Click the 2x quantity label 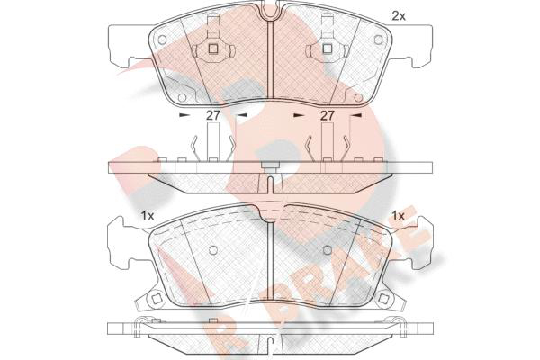(399, 16)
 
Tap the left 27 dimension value (212, 115)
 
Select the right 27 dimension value (328, 115)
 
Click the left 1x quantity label (147, 216)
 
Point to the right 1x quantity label (399, 216)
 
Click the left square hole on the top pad (213, 49)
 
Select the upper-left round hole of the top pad (162, 40)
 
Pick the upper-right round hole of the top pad (378, 40)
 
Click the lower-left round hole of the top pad (182, 98)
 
